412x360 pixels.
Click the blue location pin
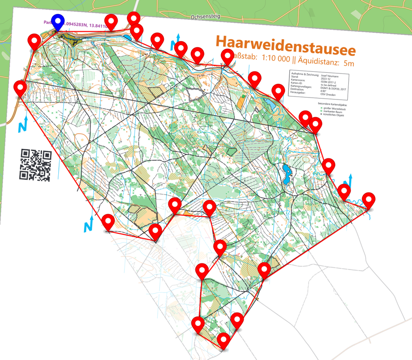59,22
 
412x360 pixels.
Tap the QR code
36,165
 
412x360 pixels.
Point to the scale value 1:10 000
271,59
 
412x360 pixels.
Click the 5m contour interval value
347,63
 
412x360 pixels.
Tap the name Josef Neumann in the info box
330,76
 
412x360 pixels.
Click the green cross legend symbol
322,108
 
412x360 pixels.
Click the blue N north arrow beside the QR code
23,126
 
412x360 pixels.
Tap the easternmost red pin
369,200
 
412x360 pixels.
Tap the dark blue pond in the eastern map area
287,174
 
